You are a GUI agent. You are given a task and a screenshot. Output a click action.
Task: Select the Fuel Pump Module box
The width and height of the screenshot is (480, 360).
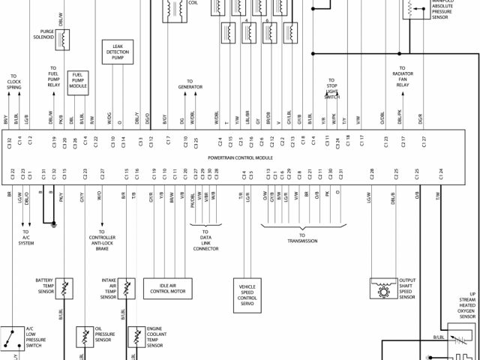click(x=79, y=81)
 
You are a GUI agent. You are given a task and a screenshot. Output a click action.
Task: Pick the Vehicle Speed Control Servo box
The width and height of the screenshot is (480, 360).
click(x=248, y=295)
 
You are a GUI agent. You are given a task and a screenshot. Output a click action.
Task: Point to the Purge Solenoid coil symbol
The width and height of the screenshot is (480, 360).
click(x=65, y=38)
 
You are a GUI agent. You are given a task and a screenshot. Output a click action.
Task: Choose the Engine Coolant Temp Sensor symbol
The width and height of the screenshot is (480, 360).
click(x=137, y=335)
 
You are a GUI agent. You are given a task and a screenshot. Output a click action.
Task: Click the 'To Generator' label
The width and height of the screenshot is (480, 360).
click(x=190, y=84)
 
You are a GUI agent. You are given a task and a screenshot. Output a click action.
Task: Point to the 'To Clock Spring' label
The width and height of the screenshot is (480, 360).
click(x=14, y=82)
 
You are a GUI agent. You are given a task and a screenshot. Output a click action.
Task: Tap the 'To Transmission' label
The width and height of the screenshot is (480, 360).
click(x=302, y=241)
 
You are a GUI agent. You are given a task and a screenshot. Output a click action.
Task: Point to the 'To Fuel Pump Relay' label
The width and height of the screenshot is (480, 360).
click(x=54, y=76)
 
